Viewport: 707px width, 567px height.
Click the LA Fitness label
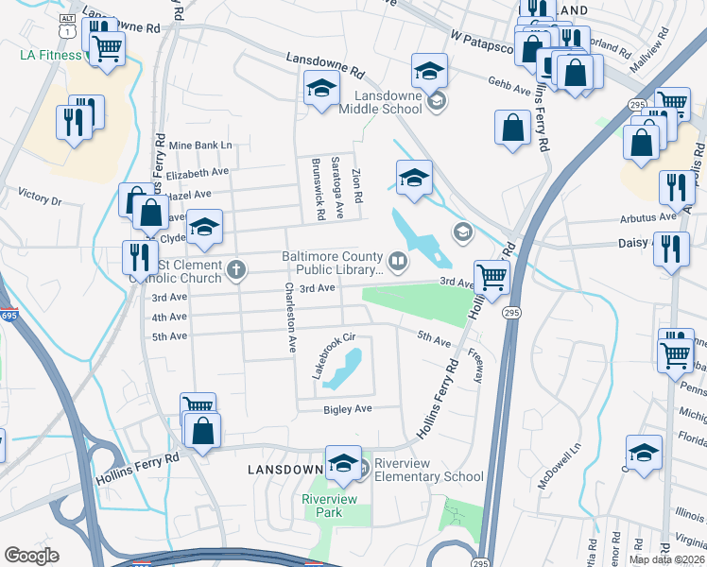pos(51,55)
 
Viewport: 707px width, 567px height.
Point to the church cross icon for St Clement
pos(235,271)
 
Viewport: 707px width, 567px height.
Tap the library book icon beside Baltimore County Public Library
pos(398,259)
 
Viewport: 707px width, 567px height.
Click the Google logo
pos(32,556)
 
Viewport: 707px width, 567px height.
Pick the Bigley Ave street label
pos(349,408)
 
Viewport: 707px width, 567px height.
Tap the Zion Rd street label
pos(357,185)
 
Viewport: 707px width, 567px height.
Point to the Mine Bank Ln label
pos(198,145)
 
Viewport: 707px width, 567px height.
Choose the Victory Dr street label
pos(39,200)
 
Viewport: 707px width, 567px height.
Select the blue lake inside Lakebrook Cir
pos(345,369)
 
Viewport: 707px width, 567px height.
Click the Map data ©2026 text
pos(665,559)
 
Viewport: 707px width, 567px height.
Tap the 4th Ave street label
pos(170,318)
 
